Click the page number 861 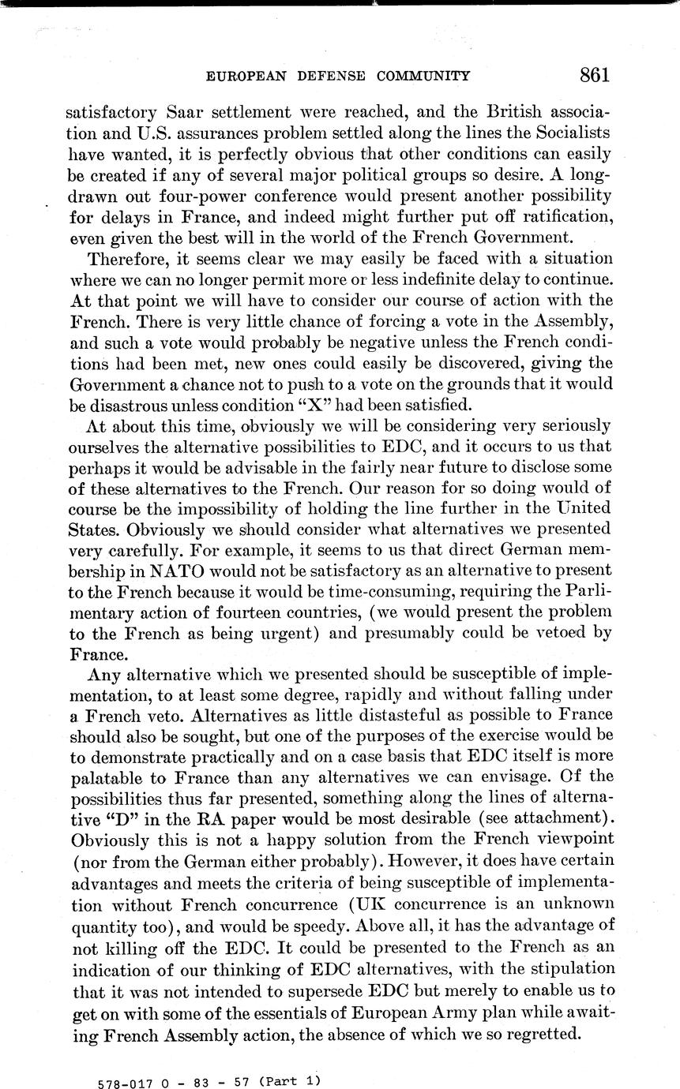pos(594,75)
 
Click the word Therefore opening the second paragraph pos(126,259)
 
